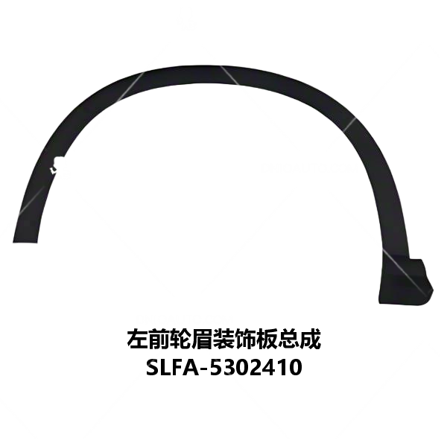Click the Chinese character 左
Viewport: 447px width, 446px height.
click(137, 339)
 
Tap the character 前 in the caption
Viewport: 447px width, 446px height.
click(159, 339)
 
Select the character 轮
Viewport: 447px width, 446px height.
click(181, 339)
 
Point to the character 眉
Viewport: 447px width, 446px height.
click(203, 339)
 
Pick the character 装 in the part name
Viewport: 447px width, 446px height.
click(224, 339)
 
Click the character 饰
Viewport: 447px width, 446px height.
click(246, 339)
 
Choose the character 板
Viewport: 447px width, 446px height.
click(267, 339)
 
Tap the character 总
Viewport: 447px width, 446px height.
click(289, 339)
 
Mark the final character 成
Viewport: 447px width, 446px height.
click(311, 339)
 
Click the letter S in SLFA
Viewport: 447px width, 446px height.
click(153, 367)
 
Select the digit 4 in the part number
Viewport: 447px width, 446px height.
click(269, 367)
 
